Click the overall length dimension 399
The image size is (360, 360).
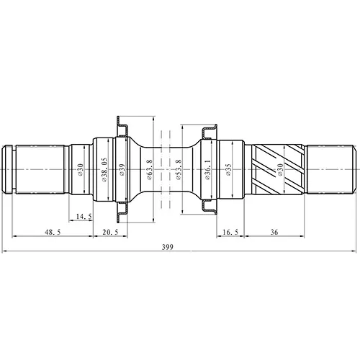(x=167, y=247)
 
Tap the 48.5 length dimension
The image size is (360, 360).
(x=53, y=232)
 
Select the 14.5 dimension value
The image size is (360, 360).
(x=84, y=217)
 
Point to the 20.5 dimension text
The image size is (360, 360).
(x=110, y=232)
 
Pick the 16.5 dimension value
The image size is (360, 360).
(x=230, y=232)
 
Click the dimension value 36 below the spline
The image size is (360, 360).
(x=274, y=232)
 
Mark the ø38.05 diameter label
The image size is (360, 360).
(x=104, y=170)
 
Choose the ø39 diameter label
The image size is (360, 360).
(x=122, y=170)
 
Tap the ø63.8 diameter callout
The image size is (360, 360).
(x=149, y=170)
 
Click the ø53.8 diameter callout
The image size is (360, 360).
(x=179, y=170)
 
